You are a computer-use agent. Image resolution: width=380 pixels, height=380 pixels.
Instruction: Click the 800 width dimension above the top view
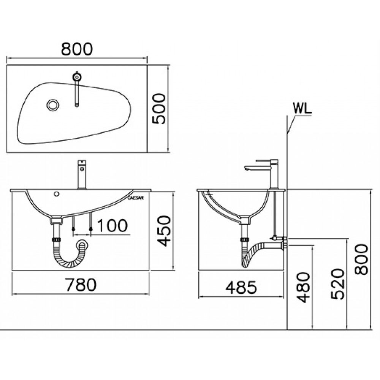77,49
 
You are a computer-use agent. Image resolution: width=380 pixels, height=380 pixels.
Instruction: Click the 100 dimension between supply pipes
112,225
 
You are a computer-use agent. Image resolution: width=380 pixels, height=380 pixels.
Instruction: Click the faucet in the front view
81,175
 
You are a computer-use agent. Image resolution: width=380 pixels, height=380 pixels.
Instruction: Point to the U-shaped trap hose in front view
68,258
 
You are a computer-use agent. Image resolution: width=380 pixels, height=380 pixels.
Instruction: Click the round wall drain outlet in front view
82,245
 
